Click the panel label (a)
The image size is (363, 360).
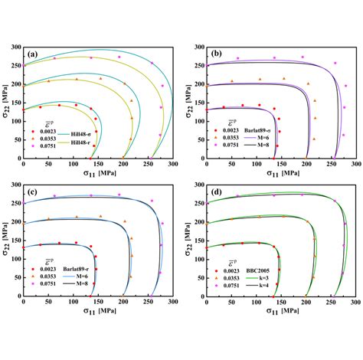click(32, 54)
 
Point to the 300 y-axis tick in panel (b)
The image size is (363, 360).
click(187, 46)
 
